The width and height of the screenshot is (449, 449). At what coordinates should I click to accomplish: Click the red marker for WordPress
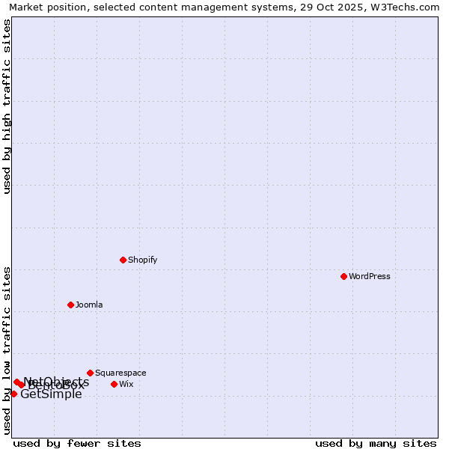(343, 276)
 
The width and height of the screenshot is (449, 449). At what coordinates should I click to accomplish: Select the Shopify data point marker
(123, 260)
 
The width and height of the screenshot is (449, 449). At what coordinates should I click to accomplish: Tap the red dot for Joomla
(70, 305)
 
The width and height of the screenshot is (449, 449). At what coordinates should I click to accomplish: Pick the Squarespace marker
(90, 373)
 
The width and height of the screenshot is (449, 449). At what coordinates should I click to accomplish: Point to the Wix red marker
(114, 384)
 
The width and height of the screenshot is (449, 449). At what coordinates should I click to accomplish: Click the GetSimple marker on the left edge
(13, 394)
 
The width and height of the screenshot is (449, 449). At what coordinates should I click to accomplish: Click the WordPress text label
(370, 276)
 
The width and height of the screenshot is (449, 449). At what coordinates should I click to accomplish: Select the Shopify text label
(142, 260)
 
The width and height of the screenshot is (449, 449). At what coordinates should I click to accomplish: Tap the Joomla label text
(89, 305)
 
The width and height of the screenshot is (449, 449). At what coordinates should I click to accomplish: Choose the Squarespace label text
(120, 373)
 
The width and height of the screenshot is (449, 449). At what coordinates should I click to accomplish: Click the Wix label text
(126, 384)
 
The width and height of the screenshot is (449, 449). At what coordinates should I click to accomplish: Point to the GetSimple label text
(51, 394)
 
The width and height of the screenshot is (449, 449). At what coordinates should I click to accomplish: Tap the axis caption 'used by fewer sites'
(77, 443)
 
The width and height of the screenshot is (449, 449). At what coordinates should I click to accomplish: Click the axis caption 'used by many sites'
(376, 443)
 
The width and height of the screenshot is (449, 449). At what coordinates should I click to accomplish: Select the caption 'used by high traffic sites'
(7, 106)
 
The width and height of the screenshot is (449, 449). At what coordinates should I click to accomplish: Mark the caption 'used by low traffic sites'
(7, 349)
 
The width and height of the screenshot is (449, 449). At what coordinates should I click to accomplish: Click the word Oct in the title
(326, 7)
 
